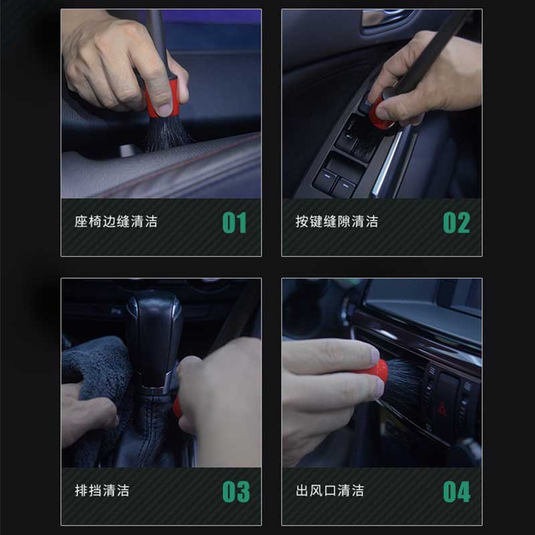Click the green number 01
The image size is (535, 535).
235,223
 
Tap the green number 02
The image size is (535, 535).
457,223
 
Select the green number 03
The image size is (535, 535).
236,492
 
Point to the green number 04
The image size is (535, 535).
457,492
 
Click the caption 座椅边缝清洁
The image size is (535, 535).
116,222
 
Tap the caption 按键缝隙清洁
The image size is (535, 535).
337,222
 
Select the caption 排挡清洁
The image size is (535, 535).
102,491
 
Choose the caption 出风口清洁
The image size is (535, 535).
330,491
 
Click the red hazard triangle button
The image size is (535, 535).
442,408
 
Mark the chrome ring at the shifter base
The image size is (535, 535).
155,390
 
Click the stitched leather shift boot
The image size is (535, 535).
150,431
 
